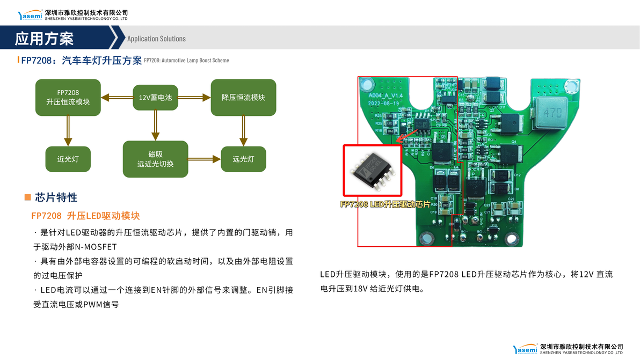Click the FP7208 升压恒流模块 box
(x=68, y=97)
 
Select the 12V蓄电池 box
(x=155, y=98)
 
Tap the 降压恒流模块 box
(x=243, y=97)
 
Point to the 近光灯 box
(x=68, y=159)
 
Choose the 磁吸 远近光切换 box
(x=155, y=159)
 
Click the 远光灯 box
(x=243, y=159)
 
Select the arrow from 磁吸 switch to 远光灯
(x=205, y=159)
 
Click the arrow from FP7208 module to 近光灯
(x=68, y=131)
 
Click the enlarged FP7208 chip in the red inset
(x=372, y=170)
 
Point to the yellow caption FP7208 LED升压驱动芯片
(x=385, y=204)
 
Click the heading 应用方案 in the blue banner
(x=44, y=38)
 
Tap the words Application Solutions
(x=156, y=39)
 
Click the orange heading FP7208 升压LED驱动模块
(x=85, y=216)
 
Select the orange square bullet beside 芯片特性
(x=27, y=197)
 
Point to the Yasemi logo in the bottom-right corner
(x=525, y=349)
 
